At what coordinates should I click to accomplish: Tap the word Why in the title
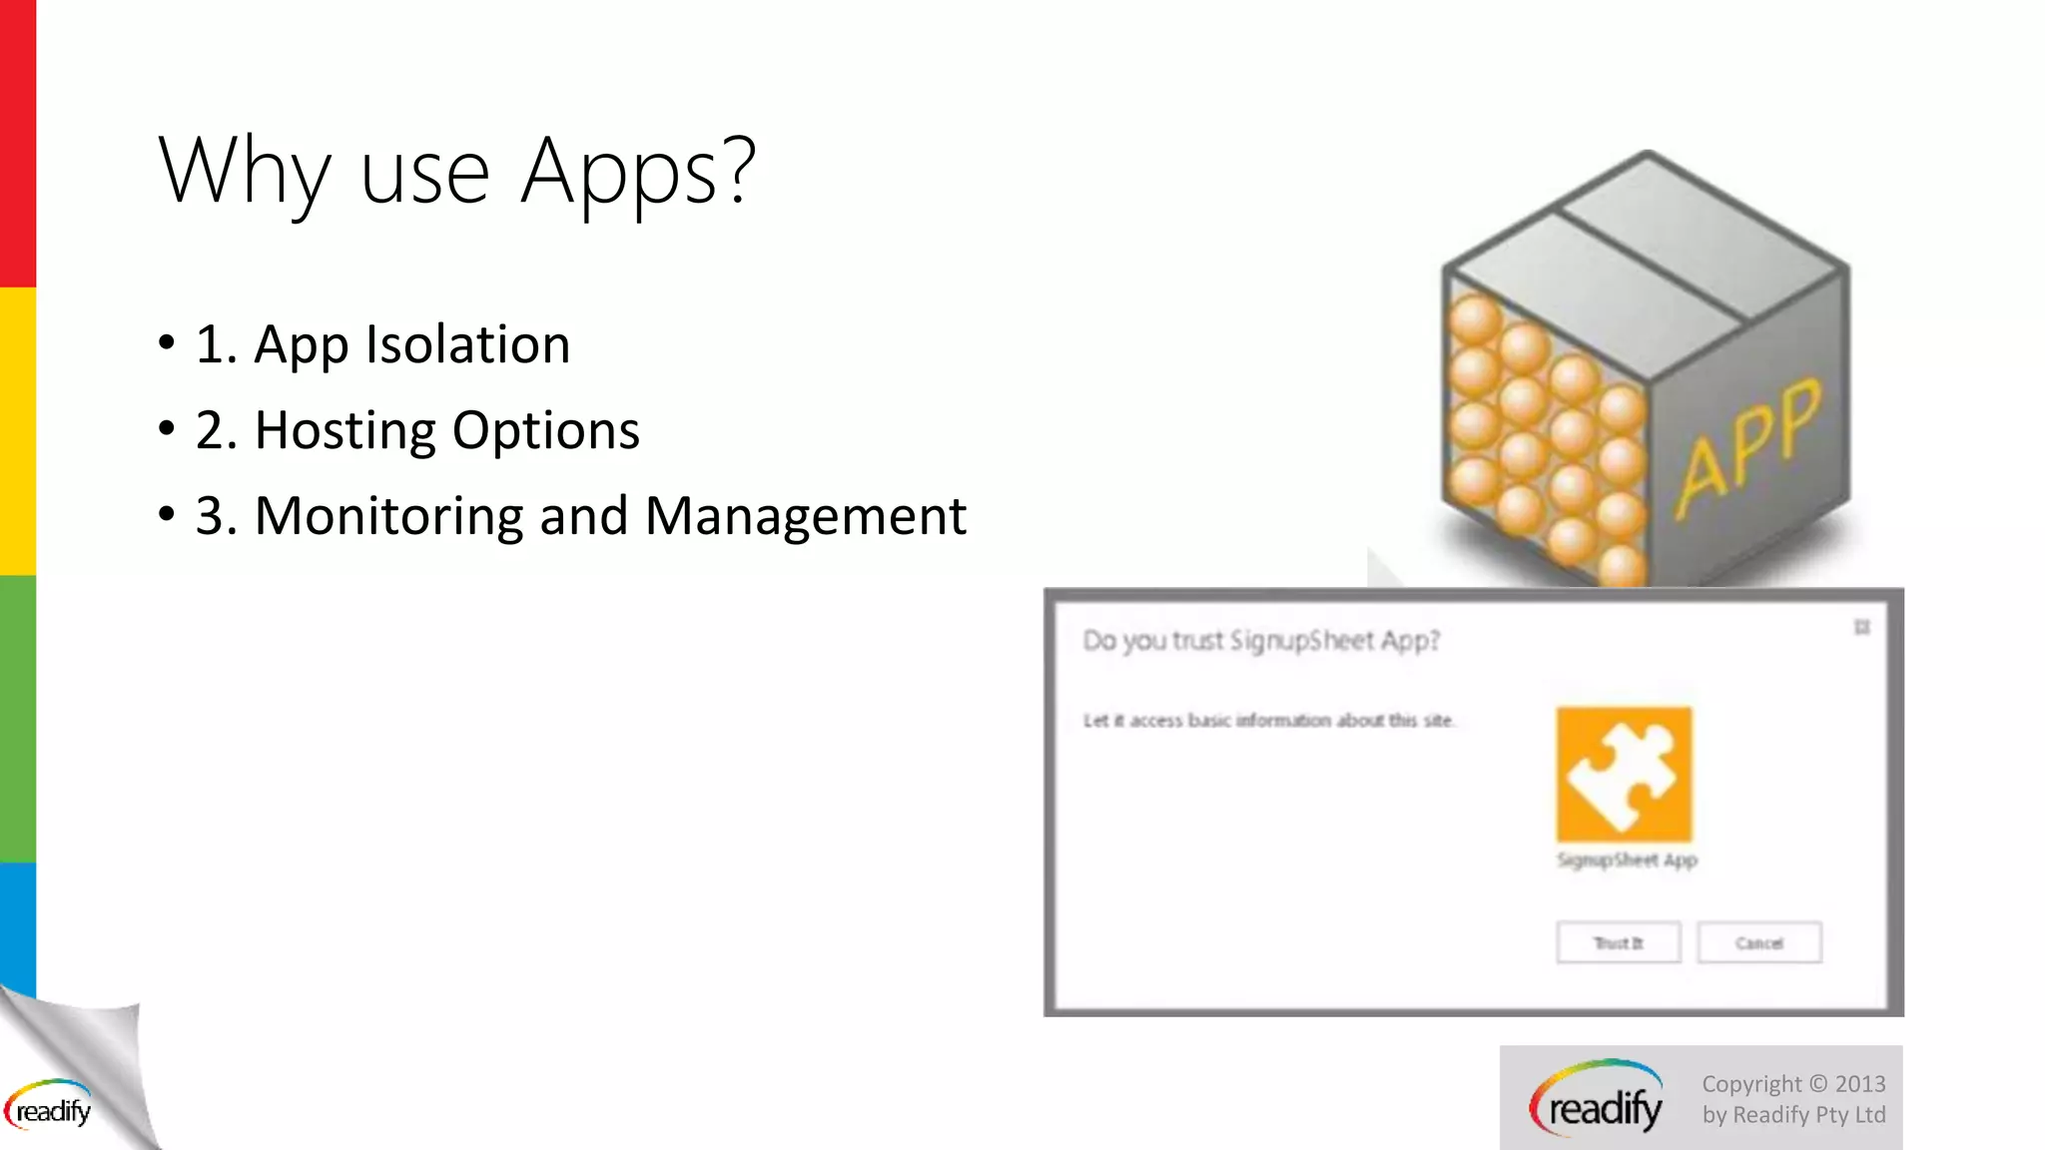pyautogui.click(x=244, y=172)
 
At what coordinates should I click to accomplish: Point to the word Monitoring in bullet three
pyautogui.click(x=388, y=516)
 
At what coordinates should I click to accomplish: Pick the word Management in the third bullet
pyautogui.click(x=805, y=516)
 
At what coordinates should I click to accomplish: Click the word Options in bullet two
pyautogui.click(x=545, y=430)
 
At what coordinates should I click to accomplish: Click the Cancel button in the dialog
pyautogui.click(x=1758, y=942)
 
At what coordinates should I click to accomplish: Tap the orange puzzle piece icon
pyautogui.click(x=1624, y=775)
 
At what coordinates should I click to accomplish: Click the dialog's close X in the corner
pyautogui.click(x=1861, y=627)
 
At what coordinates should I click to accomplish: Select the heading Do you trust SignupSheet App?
pyautogui.click(x=1261, y=640)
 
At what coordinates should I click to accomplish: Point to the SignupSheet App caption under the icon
pyautogui.click(x=1627, y=860)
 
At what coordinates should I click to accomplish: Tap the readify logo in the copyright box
pyautogui.click(x=1597, y=1100)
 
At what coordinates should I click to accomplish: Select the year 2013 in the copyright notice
pyautogui.click(x=1860, y=1084)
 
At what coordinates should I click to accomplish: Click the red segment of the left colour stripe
pyautogui.click(x=17, y=144)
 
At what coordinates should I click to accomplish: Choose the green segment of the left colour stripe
pyautogui.click(x=17, y=719)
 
